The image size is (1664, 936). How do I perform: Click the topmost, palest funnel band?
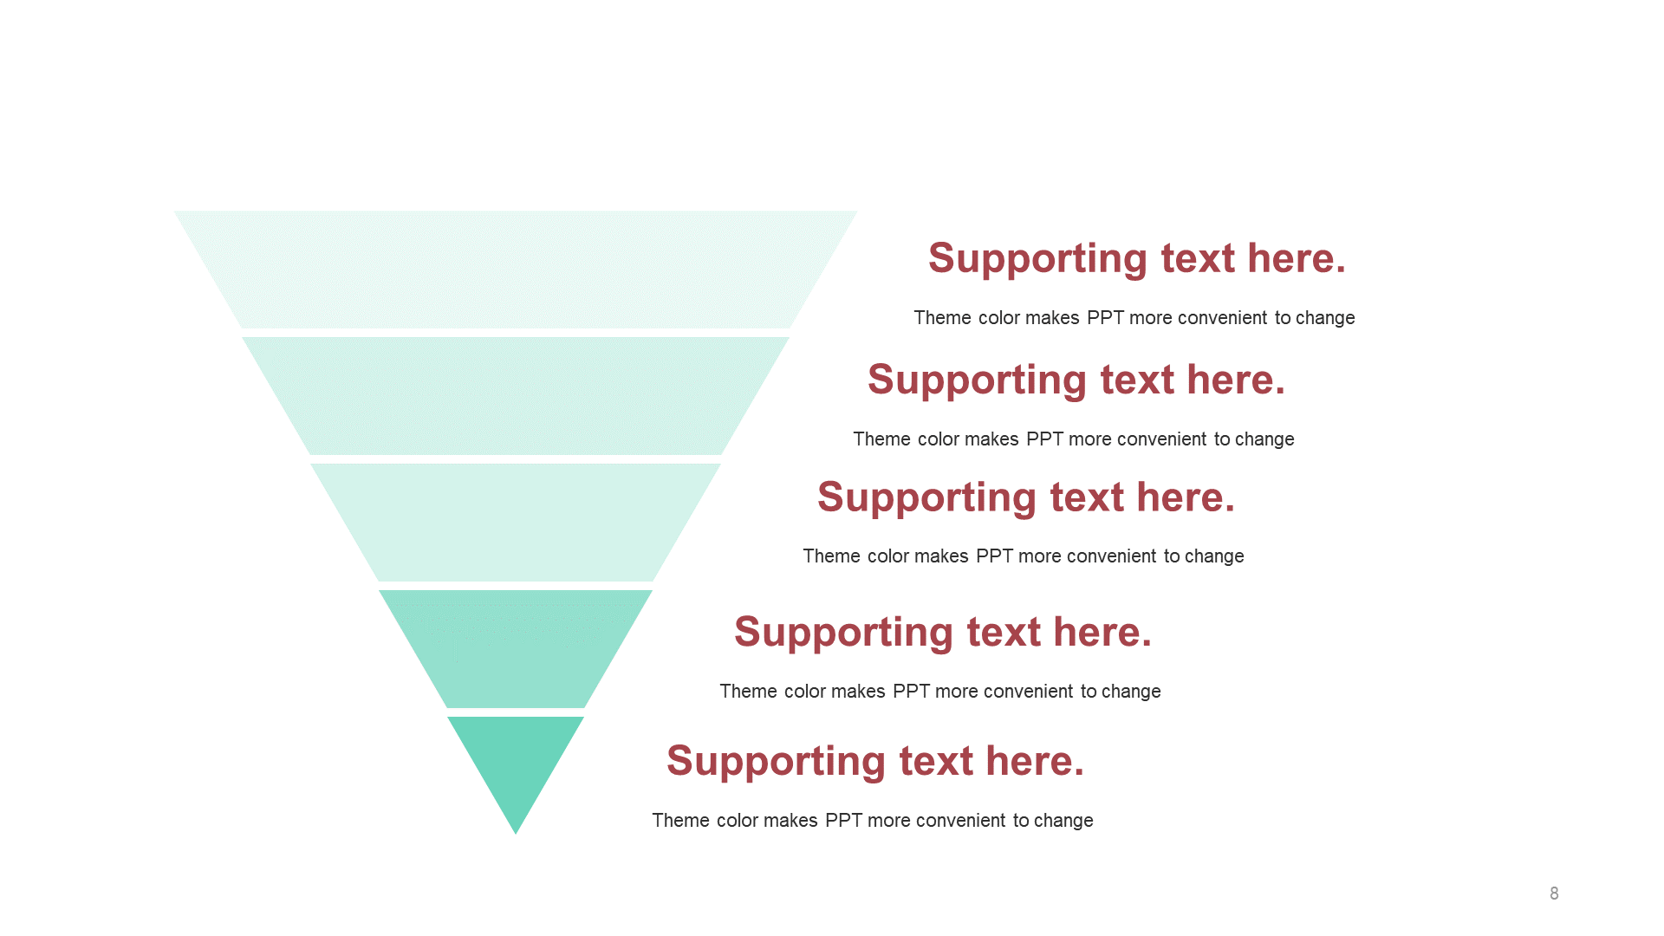pos(516,270)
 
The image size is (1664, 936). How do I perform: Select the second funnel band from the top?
pos(516,396)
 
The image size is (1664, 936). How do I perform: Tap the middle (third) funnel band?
pos(516,523)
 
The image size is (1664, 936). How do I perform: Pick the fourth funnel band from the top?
pos(516,649)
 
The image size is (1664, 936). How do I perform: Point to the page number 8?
pos(1554,894)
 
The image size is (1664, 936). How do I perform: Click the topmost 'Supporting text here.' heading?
pos(1137,259)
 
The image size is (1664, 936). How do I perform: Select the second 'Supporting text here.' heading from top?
pos(1076,380)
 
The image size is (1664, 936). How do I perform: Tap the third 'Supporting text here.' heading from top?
pos(1026,498)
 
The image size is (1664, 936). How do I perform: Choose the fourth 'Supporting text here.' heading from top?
pos(943,633)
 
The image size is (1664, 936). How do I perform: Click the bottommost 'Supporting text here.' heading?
pos(875,762)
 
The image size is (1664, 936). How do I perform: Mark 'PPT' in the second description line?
pos(1044,439)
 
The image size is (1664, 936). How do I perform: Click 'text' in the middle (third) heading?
pos(1087,498)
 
